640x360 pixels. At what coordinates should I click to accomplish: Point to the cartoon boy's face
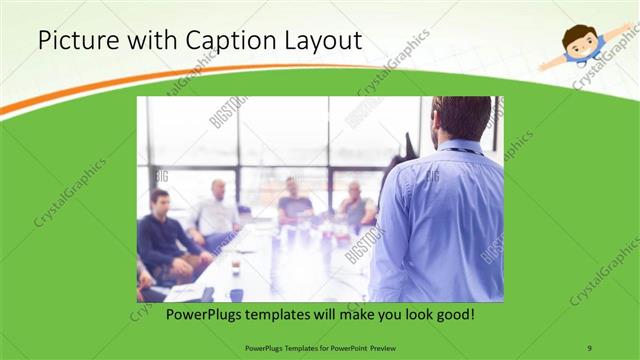click(578, 41)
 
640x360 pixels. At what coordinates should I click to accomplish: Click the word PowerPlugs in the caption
click(202, 314)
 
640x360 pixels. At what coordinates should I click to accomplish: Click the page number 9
click(590, 347)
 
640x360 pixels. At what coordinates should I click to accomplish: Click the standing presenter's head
click(462, 118)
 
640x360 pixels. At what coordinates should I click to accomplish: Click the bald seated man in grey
click(356, 205)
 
